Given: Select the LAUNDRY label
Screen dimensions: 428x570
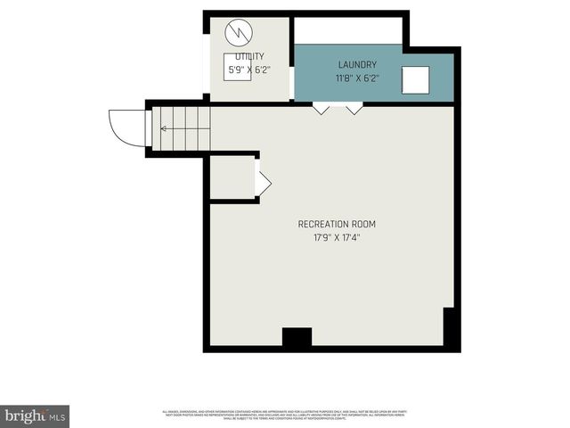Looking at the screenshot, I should pyautogui.click(x=356, y=65).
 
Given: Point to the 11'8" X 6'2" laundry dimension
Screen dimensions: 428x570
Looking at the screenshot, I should pyautogui.click(x=356, y=78).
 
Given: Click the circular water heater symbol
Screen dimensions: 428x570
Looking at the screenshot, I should pyautogui.click(x=238, y=33).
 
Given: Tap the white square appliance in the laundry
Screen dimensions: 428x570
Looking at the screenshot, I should pyautogui.click(x=416, y=80).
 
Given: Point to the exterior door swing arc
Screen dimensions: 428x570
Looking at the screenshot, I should pyautogui.click(x=125, y=125).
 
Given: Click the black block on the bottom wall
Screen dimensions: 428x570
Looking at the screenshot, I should pyautogui.click(x=297, y=337).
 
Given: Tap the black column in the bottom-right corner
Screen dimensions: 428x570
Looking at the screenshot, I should pyautogui.click(x=451, y=328).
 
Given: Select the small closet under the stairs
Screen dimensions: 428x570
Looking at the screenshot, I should pyautogui.click(x=232, y=178).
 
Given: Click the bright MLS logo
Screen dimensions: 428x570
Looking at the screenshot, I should pyautogui.click(x=34, y=416).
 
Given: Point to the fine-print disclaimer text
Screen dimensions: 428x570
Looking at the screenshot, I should pyautogui.click(x=284, y=414).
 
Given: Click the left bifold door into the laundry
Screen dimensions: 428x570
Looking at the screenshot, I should pyautogui.click(x=321, y=109).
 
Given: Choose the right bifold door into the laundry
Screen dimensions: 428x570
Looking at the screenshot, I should pyautogui.click(x=354, y=109).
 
